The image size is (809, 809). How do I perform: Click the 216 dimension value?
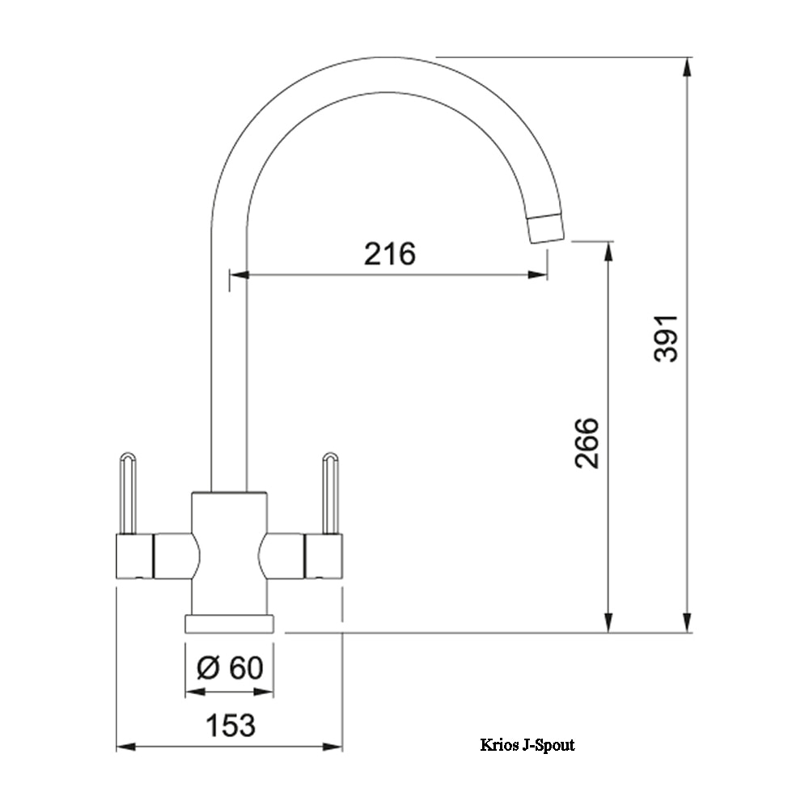click(x=390, y=253)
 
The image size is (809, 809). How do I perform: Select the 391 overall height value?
click(x=666, y=338)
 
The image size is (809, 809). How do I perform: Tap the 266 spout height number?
click(x=587, y=443)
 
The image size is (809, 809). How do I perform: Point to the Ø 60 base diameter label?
click(x=230, y=667)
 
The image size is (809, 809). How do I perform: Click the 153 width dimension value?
click(x=230, y=725)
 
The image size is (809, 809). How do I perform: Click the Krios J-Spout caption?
click(x=527, y=744)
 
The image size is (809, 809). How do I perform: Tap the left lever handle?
click(x=128, y=493)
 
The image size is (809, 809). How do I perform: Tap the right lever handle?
click(x=331, y=493)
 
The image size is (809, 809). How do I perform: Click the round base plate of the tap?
click(x=229, y=623)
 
